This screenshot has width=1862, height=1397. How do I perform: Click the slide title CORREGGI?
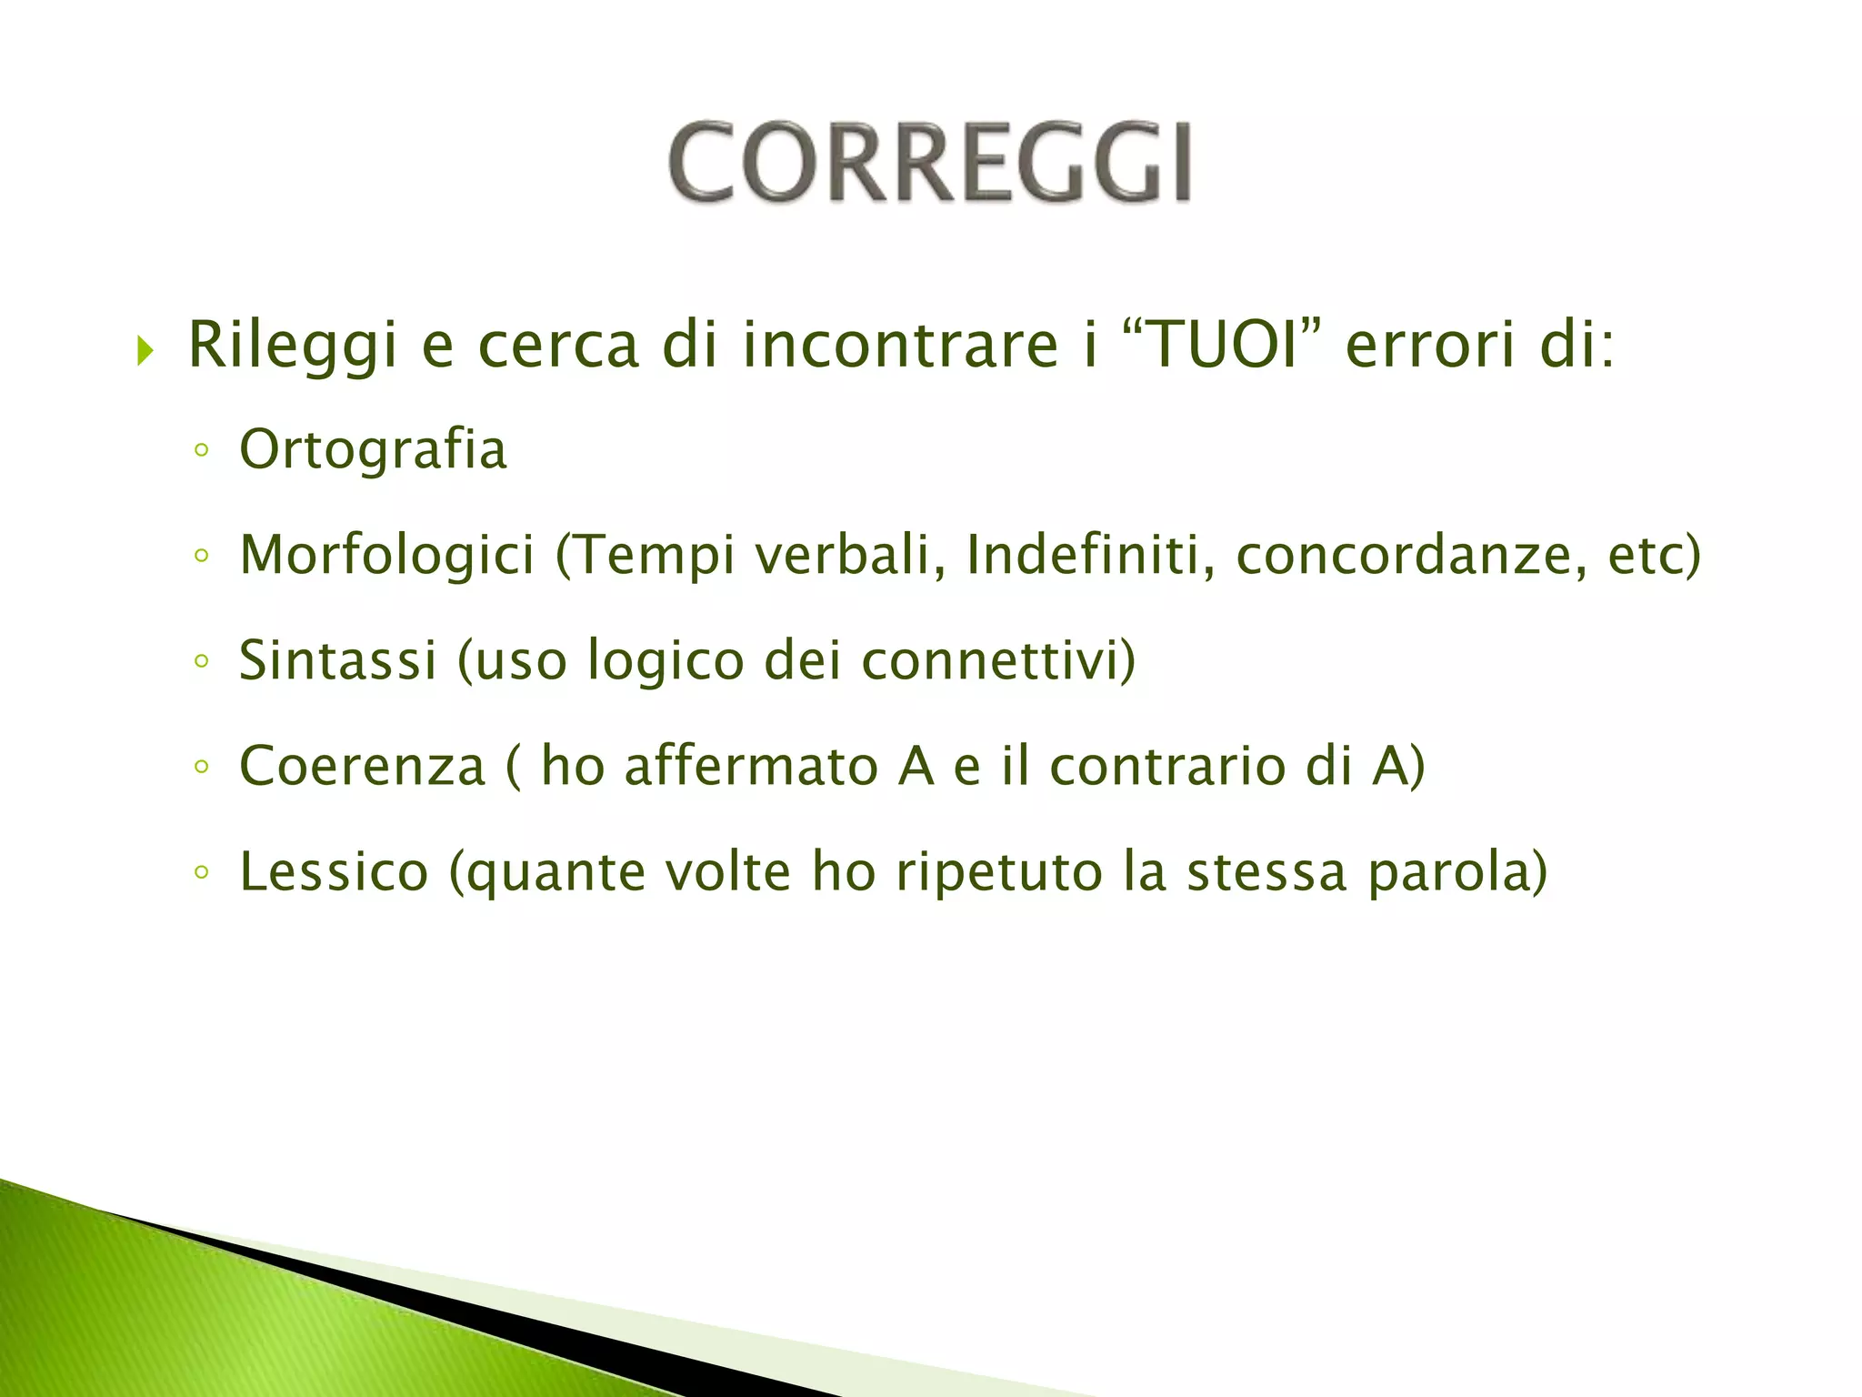[929, 164]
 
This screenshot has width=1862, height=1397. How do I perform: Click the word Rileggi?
[292, 347]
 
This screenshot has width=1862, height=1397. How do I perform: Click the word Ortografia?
[373, 450]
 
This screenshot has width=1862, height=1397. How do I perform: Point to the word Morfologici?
[387, 556]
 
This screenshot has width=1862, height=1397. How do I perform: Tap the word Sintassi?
[337, 660]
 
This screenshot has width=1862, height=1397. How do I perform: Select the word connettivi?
[990, 660]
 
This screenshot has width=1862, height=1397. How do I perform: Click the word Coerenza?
[362, 766]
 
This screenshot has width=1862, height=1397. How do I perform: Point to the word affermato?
[751, 766]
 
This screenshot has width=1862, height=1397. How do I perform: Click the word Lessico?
[334, 872]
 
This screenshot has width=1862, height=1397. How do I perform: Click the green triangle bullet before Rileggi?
[145, 349]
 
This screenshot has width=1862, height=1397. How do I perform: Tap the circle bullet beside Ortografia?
[202, 450]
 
